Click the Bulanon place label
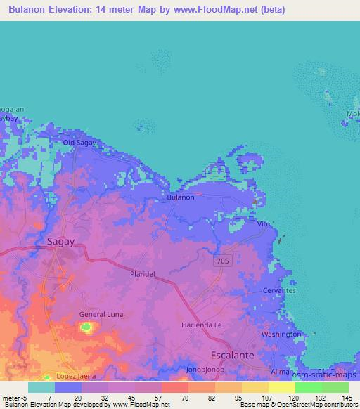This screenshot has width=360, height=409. pyautogui.click(x=181, y=197)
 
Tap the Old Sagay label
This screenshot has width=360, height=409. pyautogui.click(x=79, y=143)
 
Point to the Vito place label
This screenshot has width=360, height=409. pyautogui.click(x=264, y=223)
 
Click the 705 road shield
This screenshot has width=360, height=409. pyautogui.click(x=223, y=261)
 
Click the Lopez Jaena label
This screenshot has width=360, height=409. pyautogui.click(x=75, y=377)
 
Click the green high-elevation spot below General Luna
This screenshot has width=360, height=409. pyautogui.click(x=87, y=327)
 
